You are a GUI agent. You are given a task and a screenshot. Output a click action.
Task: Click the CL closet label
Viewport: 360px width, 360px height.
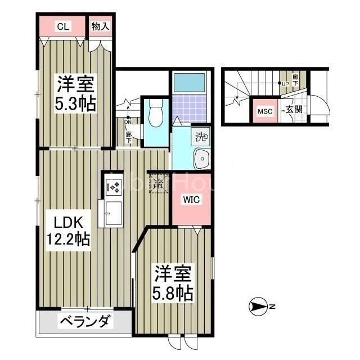tap(62, 26)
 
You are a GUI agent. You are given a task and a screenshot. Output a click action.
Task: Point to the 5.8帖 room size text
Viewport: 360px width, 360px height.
tap(174, 292)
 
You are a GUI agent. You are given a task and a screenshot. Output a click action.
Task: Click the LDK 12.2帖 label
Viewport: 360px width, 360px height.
tap(67, 229)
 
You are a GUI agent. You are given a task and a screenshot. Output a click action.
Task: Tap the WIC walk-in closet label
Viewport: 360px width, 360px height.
tap(188, 199)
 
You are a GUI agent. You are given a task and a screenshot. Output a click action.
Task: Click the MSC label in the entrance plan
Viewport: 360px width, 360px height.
tap(265, 111)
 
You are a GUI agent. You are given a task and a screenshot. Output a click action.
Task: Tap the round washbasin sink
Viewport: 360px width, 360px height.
tap(200, 159)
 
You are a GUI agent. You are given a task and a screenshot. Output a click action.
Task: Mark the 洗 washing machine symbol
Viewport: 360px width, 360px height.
tap(201, 136)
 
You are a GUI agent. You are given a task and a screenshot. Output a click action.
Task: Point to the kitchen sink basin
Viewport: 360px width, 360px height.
tap(111, 213)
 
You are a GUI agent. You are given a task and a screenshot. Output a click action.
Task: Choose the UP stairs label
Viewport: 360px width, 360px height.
tap(285, 85)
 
